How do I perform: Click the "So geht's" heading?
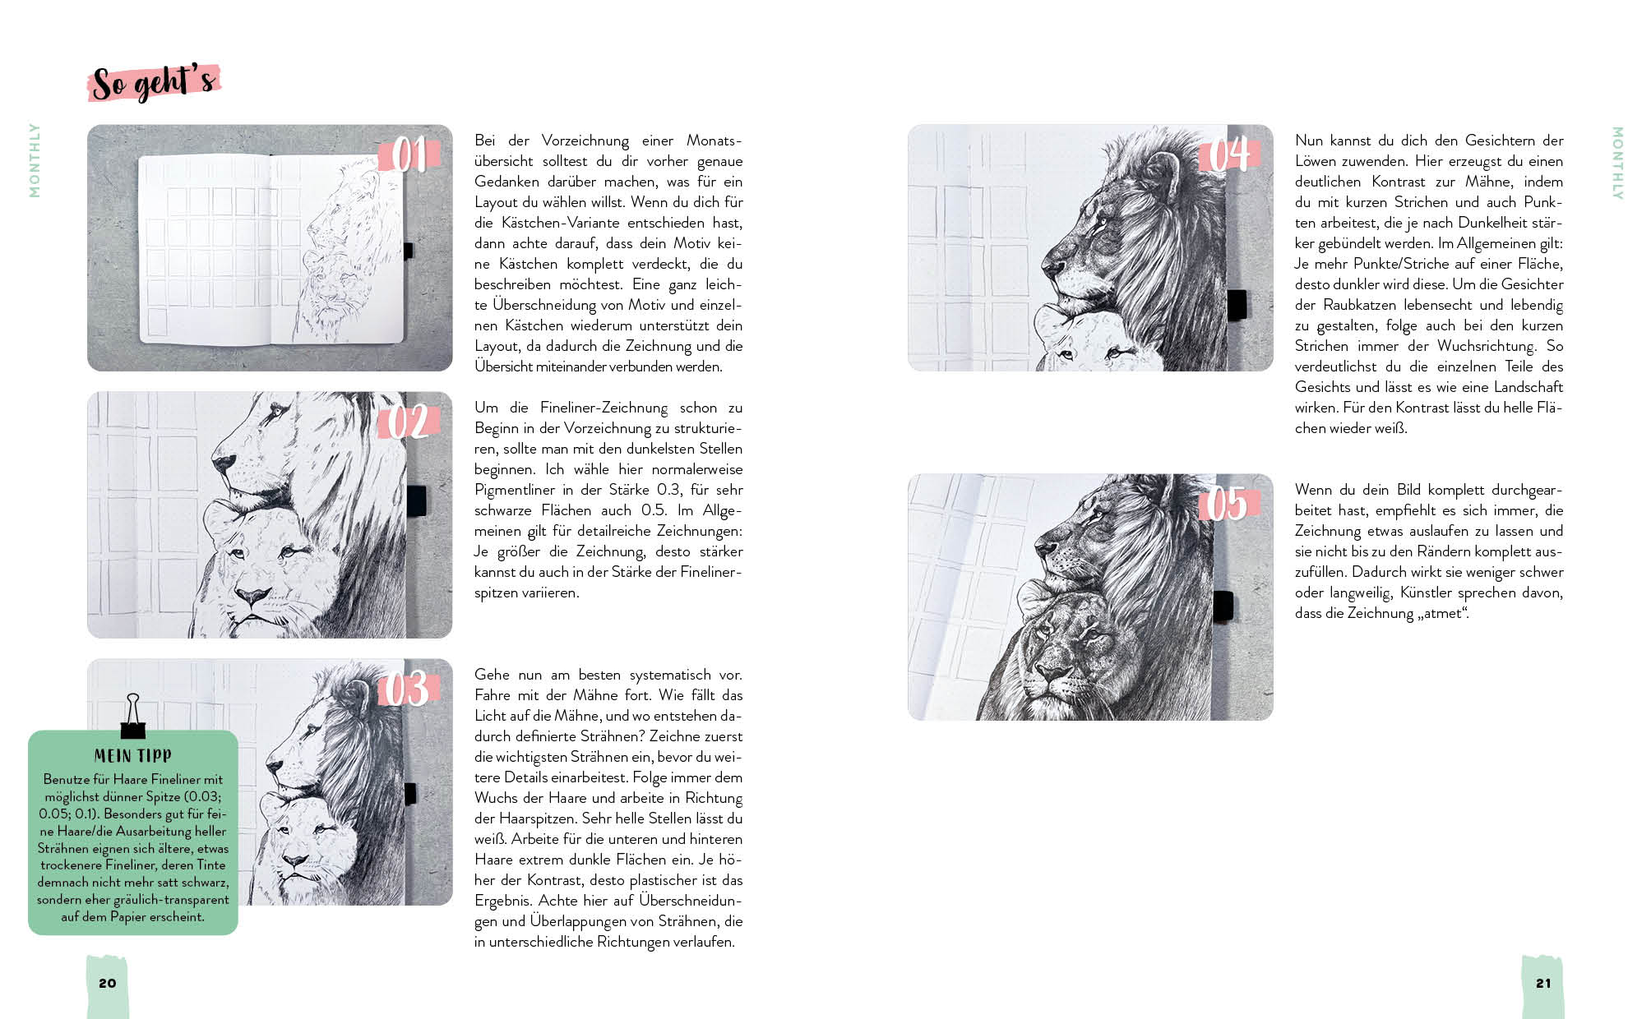(x=154, y=83)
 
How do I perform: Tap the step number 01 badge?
(x=409, y=154)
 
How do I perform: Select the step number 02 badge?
(x=409, y=422)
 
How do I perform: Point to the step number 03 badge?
(x=409, y=689)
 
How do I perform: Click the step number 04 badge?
(x=1229, y=154)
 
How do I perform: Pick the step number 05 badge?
(x=1229, y=504)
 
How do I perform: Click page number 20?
(x=108, y=983)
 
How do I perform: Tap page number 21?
(x=1543, y=983)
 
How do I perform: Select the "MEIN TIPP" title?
(x=133, y=756)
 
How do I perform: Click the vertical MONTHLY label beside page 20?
(x=35, y=160)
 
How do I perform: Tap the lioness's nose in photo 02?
(x=252, y=594)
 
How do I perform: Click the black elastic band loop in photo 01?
(x=408, y=251)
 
